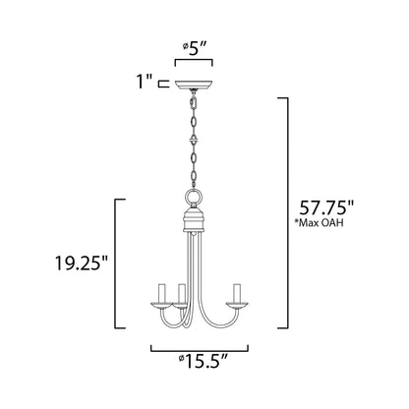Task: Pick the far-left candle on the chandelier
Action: pyautogui.click(x=158, y=293)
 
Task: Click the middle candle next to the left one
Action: pyautogui.click(x=182, y=293)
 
